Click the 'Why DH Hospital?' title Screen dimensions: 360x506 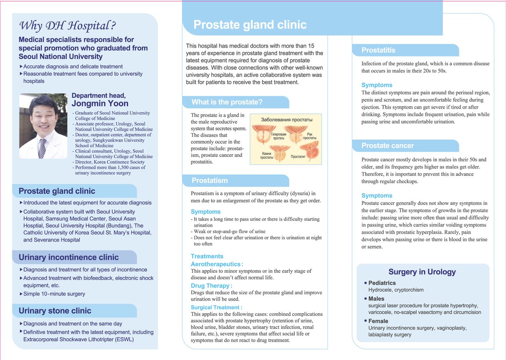click(x=67, y=26)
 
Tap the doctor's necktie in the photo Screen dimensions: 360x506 click(x=42, y=148)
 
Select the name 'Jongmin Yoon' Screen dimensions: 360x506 click(x=100, y=104)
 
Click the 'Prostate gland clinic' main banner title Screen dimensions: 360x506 click(x=250, y=25)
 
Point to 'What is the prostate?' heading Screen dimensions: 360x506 click(x=227, y=102)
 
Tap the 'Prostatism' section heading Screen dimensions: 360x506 click(x=210, y=180)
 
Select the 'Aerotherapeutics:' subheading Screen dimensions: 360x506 click(x=217, y=264)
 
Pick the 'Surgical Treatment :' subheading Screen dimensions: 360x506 click(x=216, y=308)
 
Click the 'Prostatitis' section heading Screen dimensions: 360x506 click(x=378, y=50)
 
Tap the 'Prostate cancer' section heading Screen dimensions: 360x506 click(x=388, y=146)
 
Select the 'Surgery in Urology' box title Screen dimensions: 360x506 click(x=422, y=272)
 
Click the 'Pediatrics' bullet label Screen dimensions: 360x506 click(x=382, y=283)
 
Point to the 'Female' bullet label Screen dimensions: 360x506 click(x=378, y=321)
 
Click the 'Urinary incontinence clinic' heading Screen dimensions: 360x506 click(x=69, y=258)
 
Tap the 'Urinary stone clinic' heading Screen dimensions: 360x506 click(x=55, y=311)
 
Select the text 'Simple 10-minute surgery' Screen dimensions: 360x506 click(x=54, y=294)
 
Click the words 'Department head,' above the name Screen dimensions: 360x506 click(x=98, y=95)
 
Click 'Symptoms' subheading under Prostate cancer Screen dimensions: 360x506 click(x=377, y=196)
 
